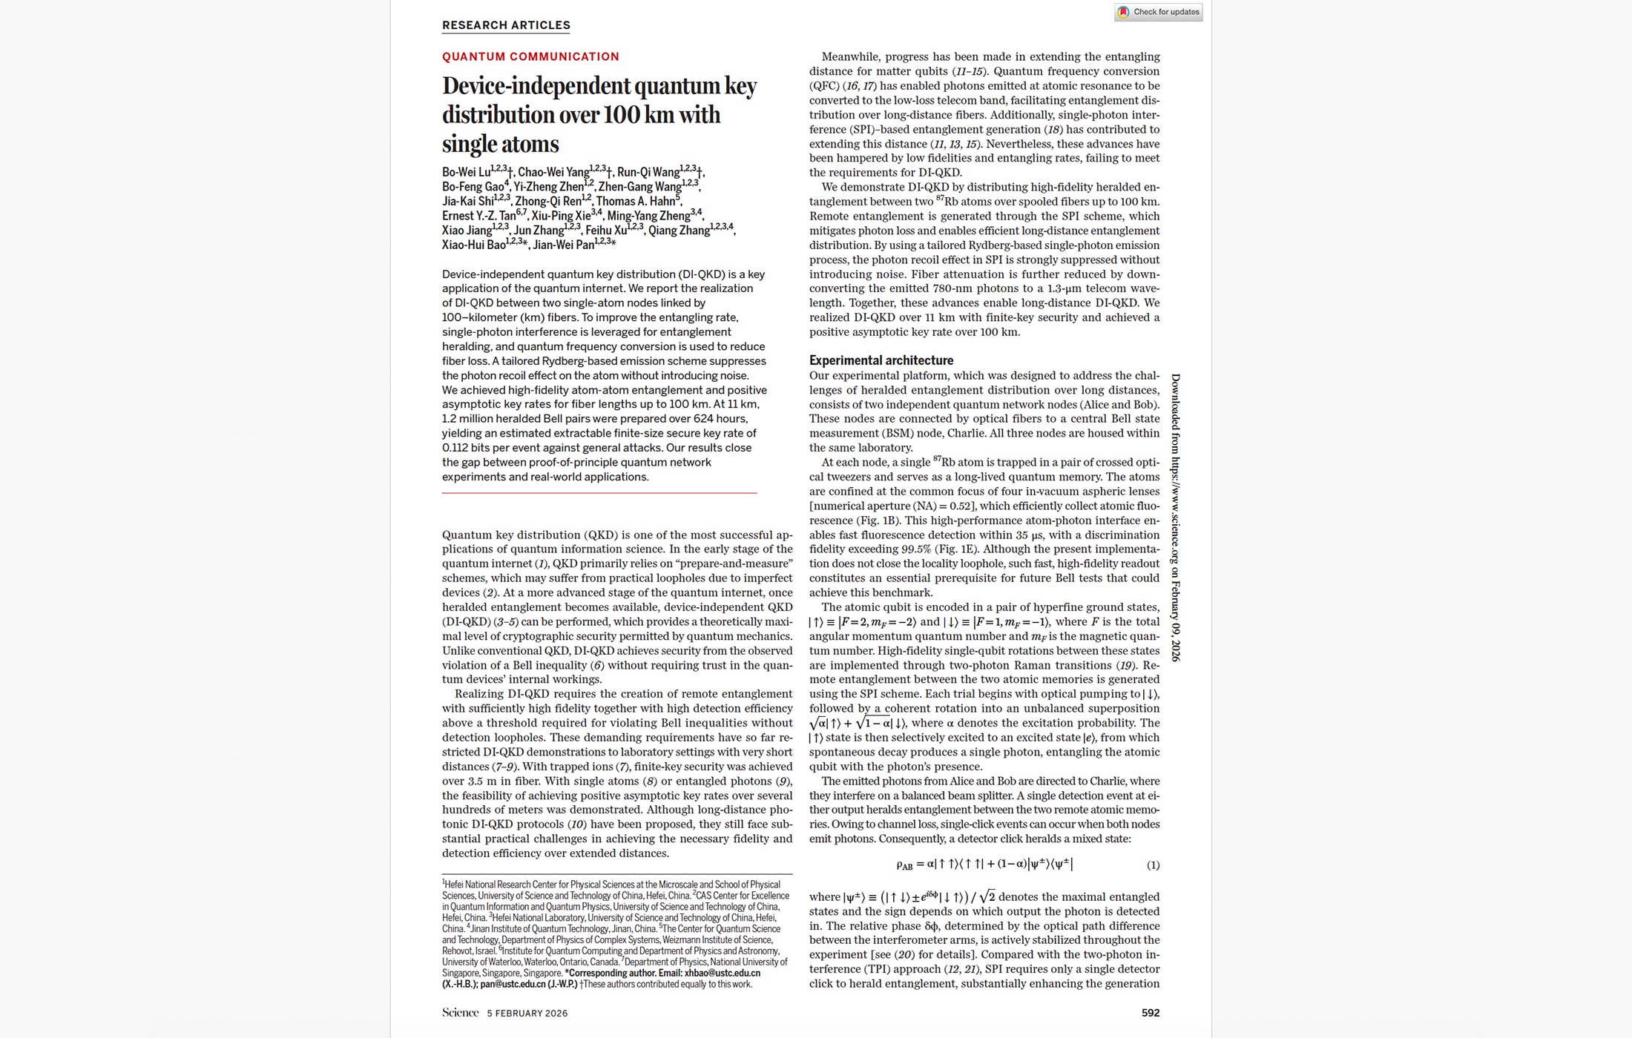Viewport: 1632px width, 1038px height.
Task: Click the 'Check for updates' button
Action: (1158, 12)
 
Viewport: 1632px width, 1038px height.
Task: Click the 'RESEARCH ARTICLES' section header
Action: (506, 25)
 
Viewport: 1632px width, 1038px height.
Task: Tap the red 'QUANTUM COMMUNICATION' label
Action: (530, 56)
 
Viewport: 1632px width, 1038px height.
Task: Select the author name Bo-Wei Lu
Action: (466, 173)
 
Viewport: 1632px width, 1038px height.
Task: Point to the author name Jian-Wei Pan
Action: (563, 245)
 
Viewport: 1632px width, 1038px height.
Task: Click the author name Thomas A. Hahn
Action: (636, 202)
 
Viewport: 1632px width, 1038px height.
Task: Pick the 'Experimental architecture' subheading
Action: (881, 360)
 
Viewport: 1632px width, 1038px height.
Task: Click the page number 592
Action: (1150, 1013)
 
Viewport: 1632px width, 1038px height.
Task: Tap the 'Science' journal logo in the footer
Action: (460, 1013)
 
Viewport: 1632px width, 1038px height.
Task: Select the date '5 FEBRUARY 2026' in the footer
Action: (527, 1014)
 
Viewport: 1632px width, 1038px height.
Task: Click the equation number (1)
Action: (1153, 865)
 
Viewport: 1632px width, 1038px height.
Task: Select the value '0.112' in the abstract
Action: (456, 448)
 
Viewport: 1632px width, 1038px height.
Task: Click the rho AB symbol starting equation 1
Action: (904, 865)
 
